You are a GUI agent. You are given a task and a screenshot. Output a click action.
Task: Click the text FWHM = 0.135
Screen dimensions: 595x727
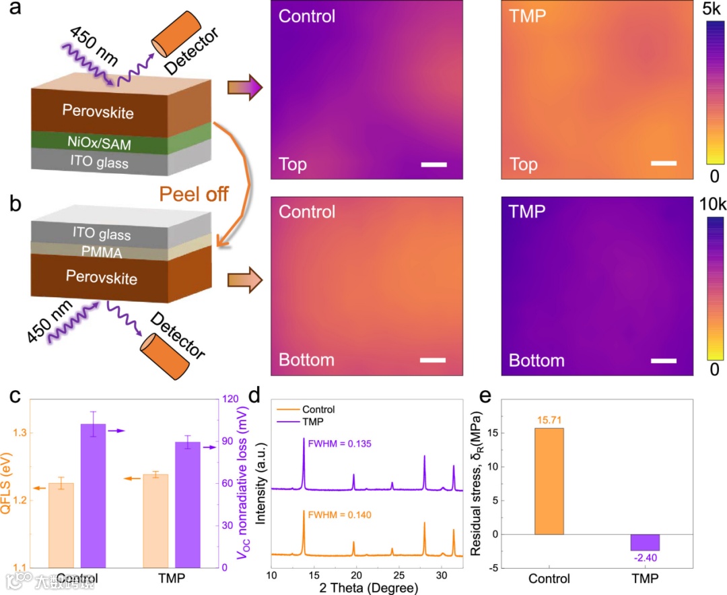coord(339,443)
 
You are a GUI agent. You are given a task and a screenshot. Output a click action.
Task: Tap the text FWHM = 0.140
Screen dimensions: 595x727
coord(339,515)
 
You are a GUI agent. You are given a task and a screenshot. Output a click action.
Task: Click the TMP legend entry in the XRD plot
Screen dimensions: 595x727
coord(310,421)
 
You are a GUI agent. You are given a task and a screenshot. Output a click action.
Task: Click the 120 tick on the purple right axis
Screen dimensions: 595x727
coord(233,399)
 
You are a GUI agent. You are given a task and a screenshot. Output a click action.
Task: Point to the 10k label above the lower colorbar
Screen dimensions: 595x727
coord(714,204)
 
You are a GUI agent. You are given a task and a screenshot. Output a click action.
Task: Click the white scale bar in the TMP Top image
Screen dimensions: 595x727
coord(663,162)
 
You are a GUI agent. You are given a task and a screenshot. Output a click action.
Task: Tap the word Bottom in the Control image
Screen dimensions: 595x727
coord(306,361)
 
